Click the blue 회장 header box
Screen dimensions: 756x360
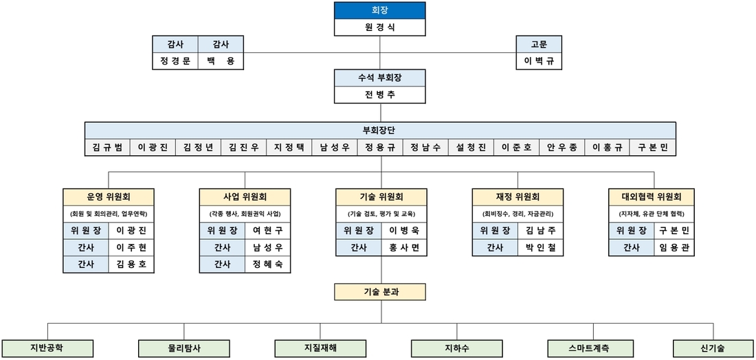pos(380,10)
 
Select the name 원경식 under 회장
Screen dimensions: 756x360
pos(380,27)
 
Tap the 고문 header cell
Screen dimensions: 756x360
pos(539,45)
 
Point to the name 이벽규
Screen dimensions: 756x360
pos(539,61)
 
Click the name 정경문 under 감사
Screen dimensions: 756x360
pos(175,61)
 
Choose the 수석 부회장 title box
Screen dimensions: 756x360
pos(380,78)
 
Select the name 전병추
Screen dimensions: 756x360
pos(380,95)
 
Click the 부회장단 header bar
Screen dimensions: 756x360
pos(380,130)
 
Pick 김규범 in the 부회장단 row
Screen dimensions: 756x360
pos(107,148)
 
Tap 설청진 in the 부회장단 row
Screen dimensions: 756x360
pos(471,148)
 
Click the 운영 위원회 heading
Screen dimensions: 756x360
pos(109,196)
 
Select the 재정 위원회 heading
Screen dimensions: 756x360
pos(518,196)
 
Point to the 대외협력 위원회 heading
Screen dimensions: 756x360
pos(652,196)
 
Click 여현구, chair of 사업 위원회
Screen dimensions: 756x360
pos(267,231)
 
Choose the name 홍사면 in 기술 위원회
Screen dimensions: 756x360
pos(404,248)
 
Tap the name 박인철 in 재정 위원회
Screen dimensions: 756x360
pos(540,248)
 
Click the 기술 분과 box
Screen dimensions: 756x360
pos(380,292)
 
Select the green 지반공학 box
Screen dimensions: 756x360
pos(47,348)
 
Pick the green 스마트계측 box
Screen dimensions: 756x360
pos(590,348)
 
